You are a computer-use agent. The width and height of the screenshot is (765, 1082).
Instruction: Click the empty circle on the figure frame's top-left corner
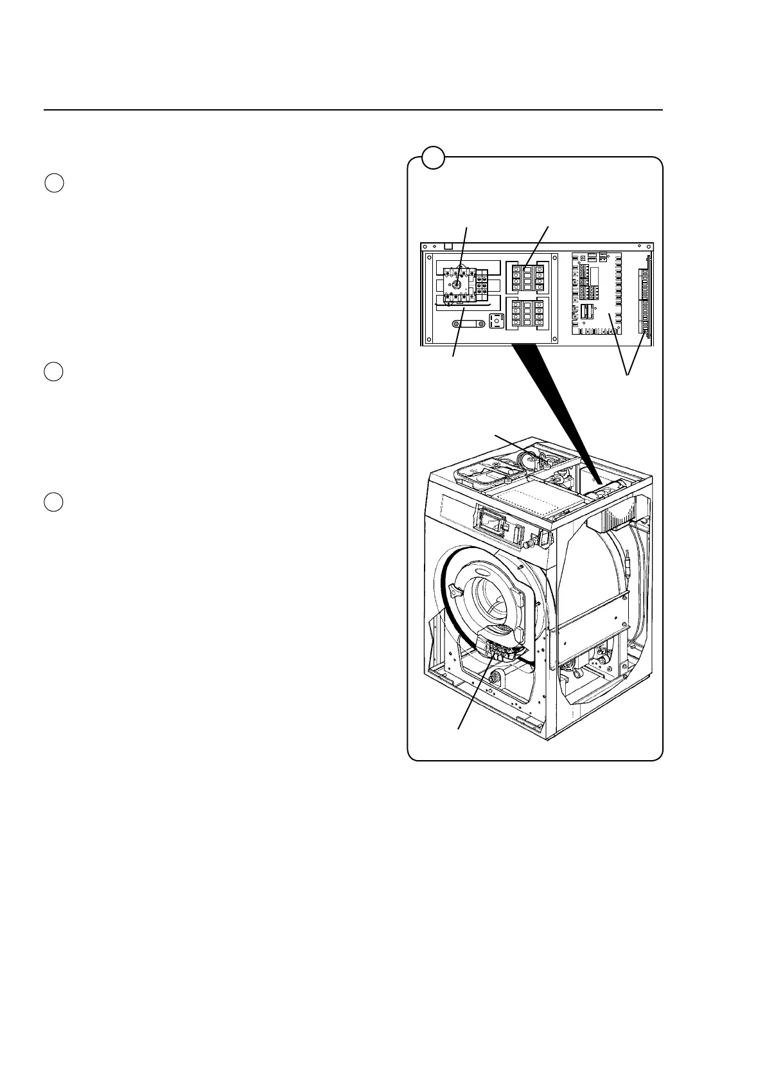point(434,157)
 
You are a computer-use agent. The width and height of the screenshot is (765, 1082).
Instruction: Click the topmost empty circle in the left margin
point(55,183)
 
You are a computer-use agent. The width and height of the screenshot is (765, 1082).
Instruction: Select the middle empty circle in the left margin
point(55,372)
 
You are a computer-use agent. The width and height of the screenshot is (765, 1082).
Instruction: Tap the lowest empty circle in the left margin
point(55,502)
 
